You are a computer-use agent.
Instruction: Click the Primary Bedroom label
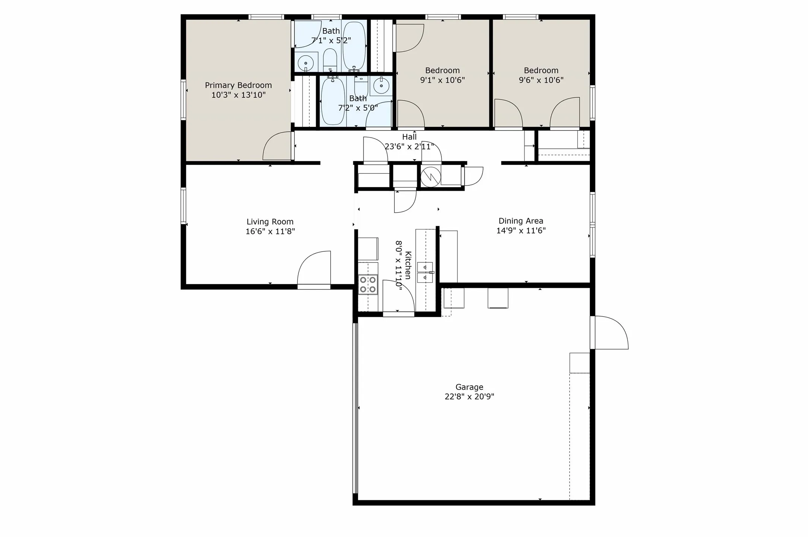238,85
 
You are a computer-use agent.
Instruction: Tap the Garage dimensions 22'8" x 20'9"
469,396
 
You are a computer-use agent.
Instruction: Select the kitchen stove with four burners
368,285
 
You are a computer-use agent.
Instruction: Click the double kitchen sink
425,273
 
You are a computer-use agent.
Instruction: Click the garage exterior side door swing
611,333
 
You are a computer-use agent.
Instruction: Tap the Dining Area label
520,221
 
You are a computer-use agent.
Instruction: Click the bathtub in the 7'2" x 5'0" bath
333,101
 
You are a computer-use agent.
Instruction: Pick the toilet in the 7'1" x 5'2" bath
330,60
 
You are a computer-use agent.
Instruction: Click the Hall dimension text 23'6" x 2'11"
409,147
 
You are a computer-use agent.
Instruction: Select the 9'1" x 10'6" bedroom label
442,70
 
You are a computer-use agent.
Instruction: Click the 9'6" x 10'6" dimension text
541,80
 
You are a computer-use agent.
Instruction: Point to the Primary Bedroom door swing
277,146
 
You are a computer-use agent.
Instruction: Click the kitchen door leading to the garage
398,298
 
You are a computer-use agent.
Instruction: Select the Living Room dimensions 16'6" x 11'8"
270,232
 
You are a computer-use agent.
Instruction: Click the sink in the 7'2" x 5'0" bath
381,86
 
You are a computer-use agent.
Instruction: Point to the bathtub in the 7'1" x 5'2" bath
354,45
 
